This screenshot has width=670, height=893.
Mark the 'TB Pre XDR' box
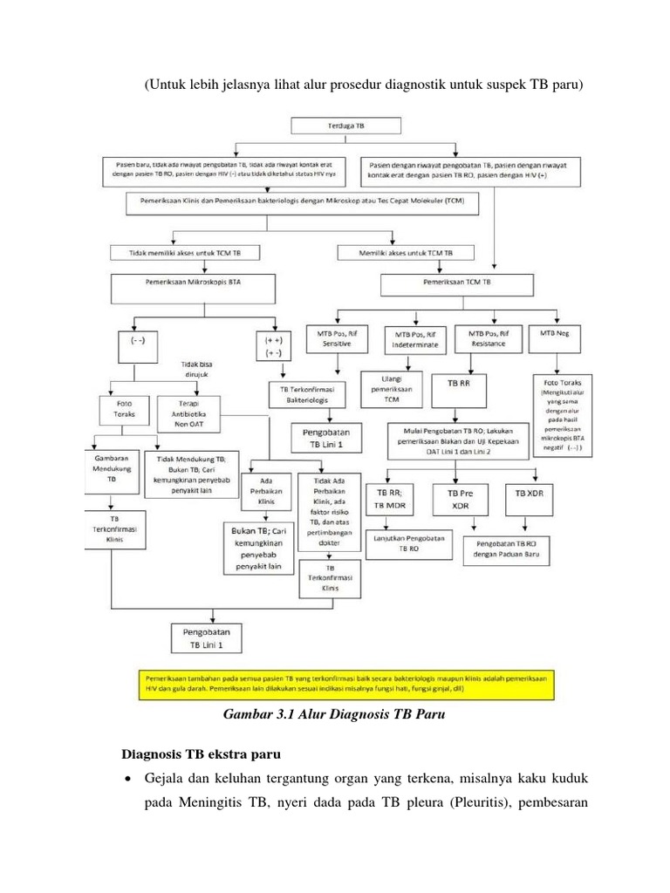pyautogui.click(x=473, y=499)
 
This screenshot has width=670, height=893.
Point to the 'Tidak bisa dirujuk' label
pyautogui.click(x=202, y=370)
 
